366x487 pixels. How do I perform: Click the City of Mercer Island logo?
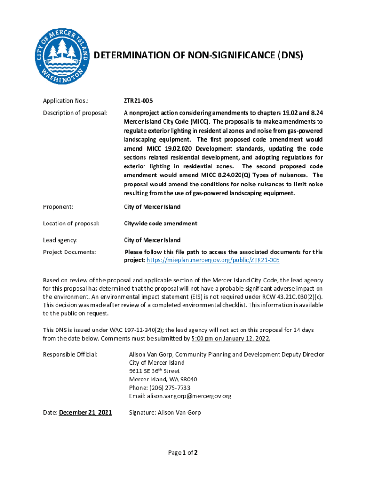click(x=63, y=56)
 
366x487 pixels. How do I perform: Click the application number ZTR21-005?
click(x=138, y=101)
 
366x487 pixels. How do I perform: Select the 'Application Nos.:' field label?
click(x=66, y=101)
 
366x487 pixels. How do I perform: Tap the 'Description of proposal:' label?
click(x=75, y=113)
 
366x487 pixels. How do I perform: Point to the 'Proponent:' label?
click(x=58, y=207)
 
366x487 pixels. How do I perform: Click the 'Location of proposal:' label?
click(x=71, y=224)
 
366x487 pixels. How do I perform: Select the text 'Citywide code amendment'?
click(x=160, y=224)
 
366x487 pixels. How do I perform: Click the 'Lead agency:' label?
click(x=60, y=240)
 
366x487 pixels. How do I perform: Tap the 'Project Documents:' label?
click(x=70, y=252)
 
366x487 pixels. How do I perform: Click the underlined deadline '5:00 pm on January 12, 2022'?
click(x=231, y=338)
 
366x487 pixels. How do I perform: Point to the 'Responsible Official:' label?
click(x=70, y=354)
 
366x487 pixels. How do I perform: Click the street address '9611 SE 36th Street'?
click(x=154, y=371)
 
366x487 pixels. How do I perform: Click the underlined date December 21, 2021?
click(x=86, y=412)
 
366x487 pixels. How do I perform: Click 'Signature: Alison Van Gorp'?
click(x=164, y=412)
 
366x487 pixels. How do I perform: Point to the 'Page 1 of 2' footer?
click(x=183, y=453)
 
